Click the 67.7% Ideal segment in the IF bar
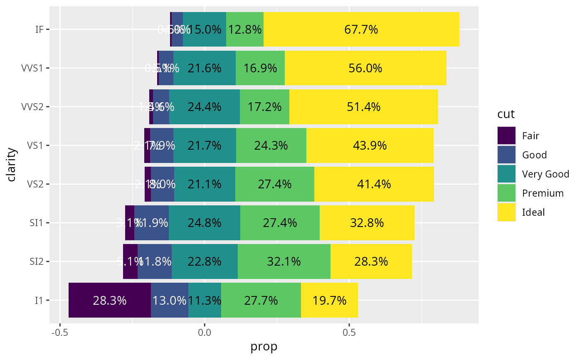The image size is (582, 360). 361,30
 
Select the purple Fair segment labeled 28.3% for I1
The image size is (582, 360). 110,300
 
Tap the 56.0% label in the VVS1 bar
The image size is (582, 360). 365,68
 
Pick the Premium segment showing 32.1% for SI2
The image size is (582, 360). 284,261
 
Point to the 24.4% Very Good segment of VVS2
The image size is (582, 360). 205,107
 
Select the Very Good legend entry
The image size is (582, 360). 545,174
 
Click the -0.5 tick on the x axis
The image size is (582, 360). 60,333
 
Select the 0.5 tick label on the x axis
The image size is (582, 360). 349,333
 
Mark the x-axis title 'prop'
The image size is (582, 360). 264,347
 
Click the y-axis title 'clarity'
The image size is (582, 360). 12,165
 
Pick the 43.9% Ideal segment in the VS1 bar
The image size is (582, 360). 370,145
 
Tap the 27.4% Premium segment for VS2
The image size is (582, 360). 275,184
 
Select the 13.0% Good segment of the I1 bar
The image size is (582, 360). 170,300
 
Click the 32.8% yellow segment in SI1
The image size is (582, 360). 367,223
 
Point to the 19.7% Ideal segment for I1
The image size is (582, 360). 329,300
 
